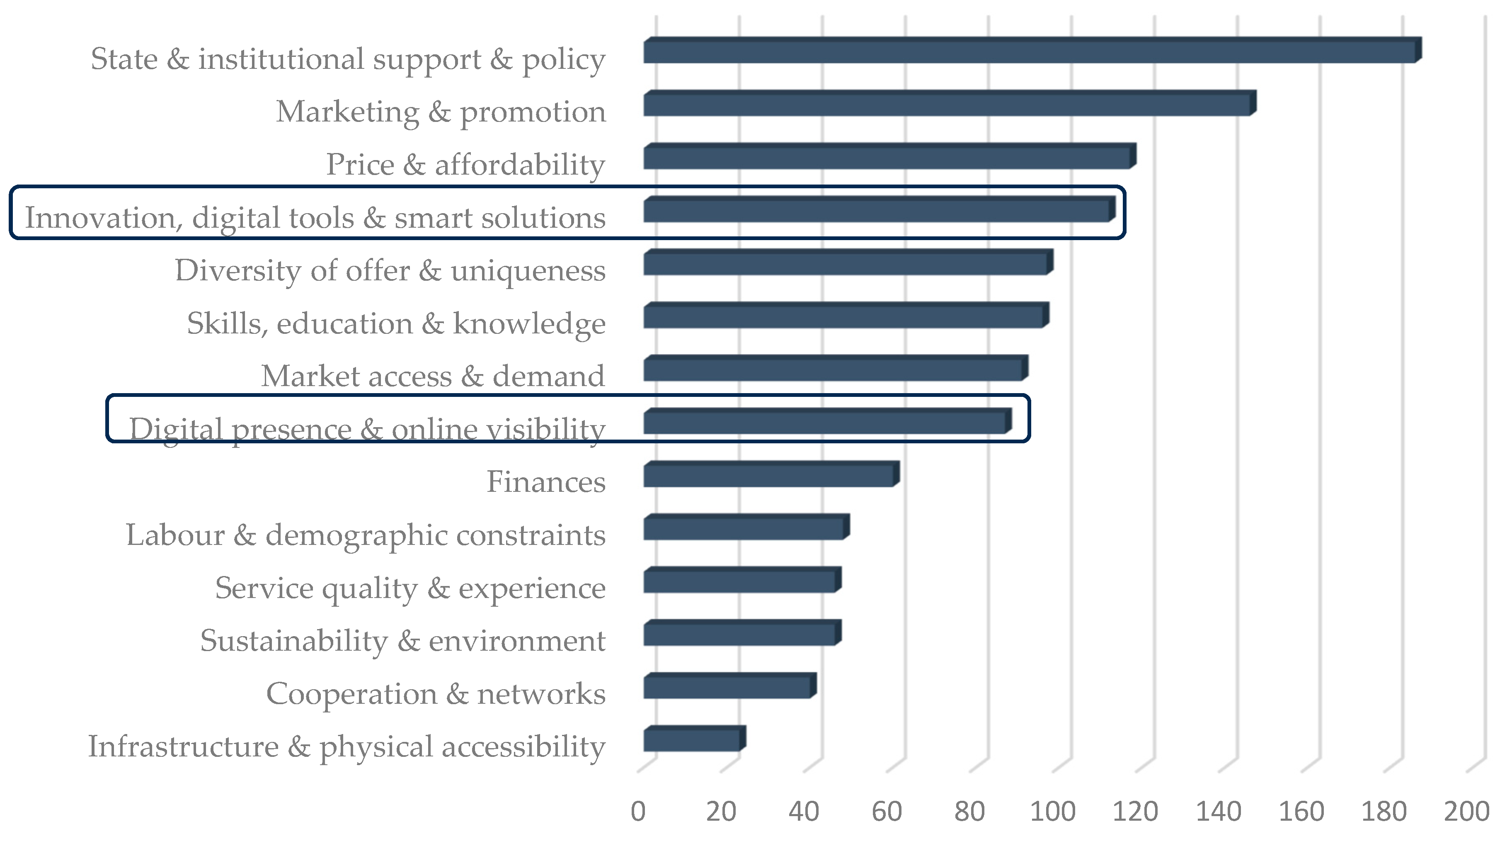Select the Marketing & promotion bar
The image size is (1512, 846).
(950, 103)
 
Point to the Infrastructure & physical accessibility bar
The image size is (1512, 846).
(694, 739)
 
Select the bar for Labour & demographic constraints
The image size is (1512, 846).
(746, 527)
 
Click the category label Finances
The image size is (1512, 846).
(546, 482)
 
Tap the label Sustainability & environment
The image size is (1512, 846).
(402, 641)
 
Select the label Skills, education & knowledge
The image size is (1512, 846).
(396, 324)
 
